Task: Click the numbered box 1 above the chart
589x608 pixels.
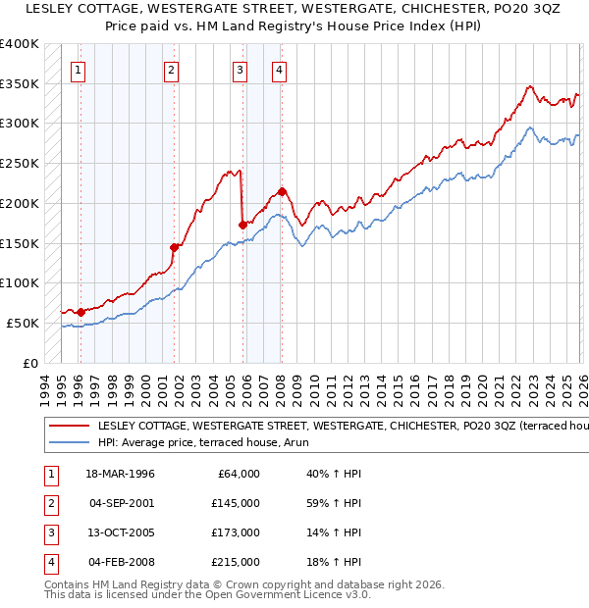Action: click(78, 70)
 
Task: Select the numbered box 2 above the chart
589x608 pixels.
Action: click(171, 70)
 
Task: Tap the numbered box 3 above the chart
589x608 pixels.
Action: click(240, 70)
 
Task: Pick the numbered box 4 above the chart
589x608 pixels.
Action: click(279, 70)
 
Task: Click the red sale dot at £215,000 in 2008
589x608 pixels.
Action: click(282, 191)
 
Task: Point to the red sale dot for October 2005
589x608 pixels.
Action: click(242, 225)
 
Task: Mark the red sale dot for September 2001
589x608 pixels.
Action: click(175, 247)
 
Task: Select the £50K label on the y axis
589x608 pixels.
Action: click(23, 323)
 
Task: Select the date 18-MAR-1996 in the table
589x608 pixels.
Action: click(120, 474)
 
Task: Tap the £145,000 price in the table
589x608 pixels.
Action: click(235, 503)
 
